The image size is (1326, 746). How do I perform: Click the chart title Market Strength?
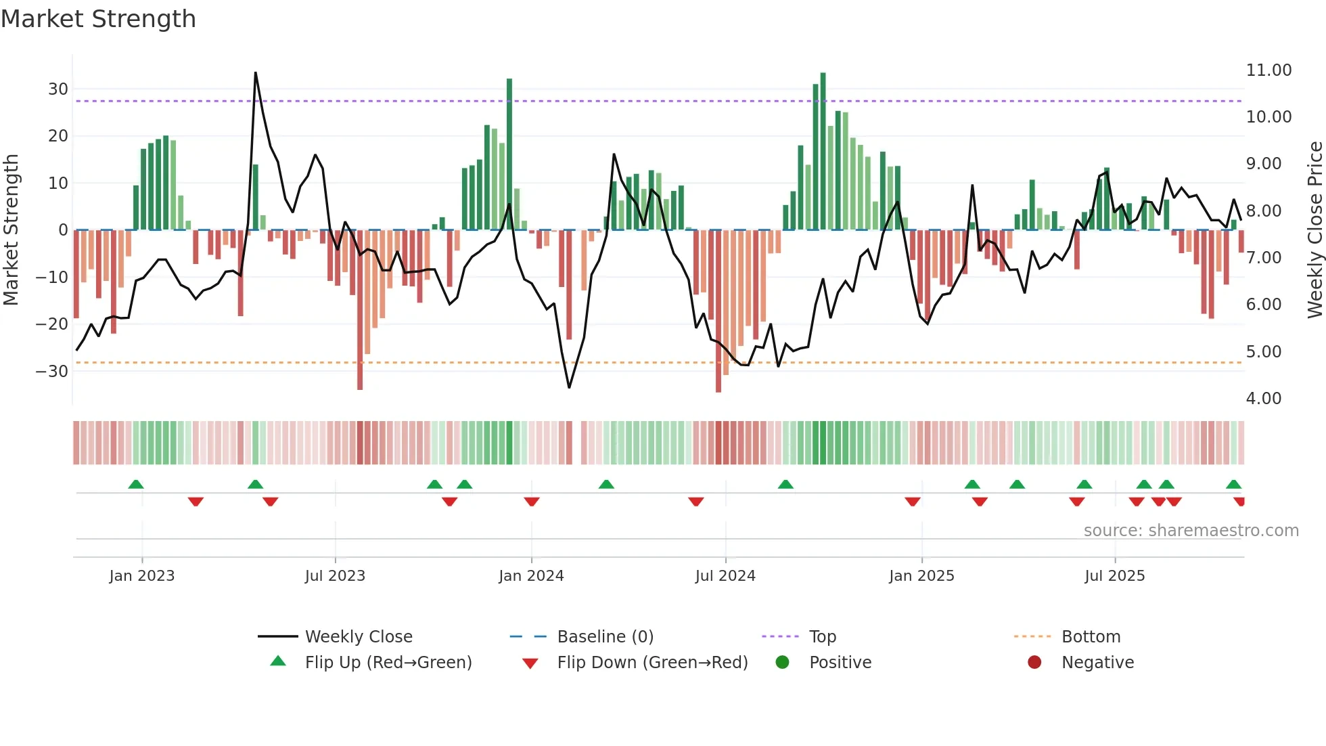pyautogui.click(x=98, y=19)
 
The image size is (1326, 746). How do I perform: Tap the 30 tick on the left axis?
pyautogui.click(x=58, y=89)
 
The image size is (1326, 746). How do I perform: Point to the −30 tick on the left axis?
pyautogui.click(x=52, y=371)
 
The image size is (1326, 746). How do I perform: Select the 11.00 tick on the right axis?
pyautogui.click(x=1268, y=70)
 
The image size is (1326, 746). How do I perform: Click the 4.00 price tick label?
pyautogui.click(x=1263, y=399)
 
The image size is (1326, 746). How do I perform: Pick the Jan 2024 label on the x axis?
pyautogui.click(x=531, y=576)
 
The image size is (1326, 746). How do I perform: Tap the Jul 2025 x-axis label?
pyautogui.click(x=1114, y=576)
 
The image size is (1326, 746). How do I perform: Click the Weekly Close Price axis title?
pyautogui.click(x=1314, y=230)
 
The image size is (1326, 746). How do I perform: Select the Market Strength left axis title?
pyautogui.click(x=11, y=230)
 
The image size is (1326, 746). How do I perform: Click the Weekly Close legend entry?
pyautogui.click(x=358, y=637)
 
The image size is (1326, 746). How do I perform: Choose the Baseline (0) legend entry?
pyautogui.click(x=605, y=637)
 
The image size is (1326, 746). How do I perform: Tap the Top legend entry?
pyautogui.click(x=822, y=637)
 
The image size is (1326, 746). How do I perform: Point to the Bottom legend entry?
pyautogui.click(x=1091, y=637)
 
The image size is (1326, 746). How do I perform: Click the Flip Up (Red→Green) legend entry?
pyautogui.click(x=388, y=663)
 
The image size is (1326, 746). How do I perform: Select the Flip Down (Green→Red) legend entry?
pyautogui.click(x=652, y=663)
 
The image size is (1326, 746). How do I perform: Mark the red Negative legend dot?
pyautogui.click(x=1034, y=663)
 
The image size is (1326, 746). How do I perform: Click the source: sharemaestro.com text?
pyautogui.click(x=1191, y=531)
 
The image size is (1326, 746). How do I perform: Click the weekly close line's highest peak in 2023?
pyautogui.click(x=256, y=73)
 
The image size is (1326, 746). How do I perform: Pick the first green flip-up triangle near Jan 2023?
pyautogui.click(x=136, y=484)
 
